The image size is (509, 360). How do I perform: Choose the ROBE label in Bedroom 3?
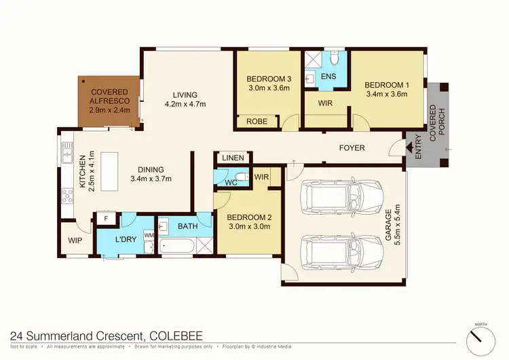[256, 122]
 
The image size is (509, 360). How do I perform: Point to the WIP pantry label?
[75, 240]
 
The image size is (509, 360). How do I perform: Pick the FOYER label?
[352, 148]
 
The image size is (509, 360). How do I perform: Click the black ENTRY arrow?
[409, 145]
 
